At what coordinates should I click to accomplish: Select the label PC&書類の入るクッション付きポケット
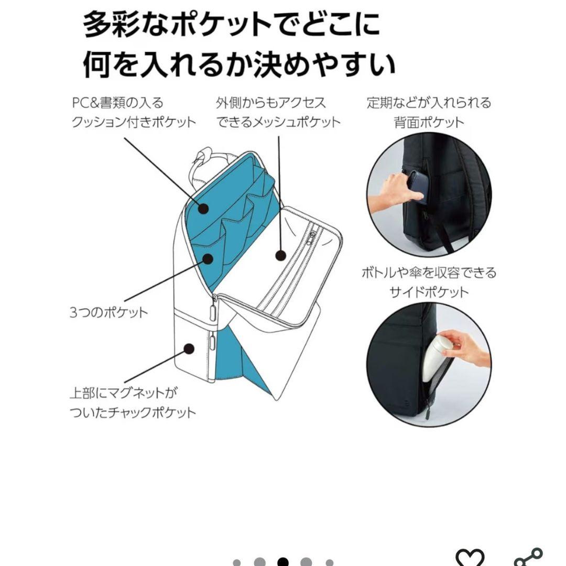(133, 112)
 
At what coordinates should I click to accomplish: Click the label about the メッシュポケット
(278, 112)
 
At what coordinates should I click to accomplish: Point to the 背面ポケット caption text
(429, 112)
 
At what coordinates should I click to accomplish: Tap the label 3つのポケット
(108, 313)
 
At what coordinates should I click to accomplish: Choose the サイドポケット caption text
(429, 282)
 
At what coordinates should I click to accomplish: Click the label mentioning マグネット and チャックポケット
(132, 402)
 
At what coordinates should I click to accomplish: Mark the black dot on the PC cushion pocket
(203, 209)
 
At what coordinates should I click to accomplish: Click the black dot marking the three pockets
(208, 257)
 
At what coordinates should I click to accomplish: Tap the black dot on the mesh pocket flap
(281, 256)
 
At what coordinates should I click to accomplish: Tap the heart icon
(469, 557)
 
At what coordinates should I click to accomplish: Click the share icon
(527, 557)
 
